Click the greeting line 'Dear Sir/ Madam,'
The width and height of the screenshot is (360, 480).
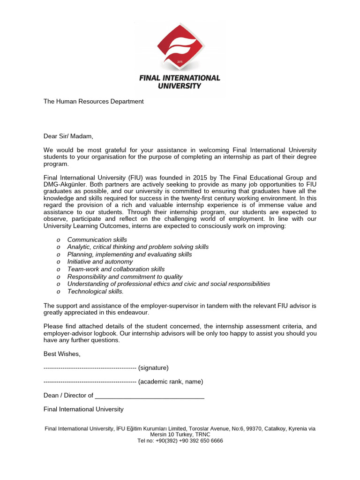(68, 136)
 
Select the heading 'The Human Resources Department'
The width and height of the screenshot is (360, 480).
(93, 101)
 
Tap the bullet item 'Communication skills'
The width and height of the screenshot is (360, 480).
(97, 240)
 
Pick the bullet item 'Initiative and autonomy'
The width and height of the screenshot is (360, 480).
(100, 262)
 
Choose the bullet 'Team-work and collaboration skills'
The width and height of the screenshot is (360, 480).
(116, 269)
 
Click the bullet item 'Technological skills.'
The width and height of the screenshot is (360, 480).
(96, 291)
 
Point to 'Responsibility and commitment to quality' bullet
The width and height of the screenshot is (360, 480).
(125, 277)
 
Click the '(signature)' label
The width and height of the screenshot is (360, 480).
(153, 367)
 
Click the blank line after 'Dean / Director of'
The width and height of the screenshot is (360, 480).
(150, 396)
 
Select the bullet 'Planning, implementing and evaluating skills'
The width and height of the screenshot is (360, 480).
(129, 254)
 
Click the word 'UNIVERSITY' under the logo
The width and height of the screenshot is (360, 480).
(180, 86)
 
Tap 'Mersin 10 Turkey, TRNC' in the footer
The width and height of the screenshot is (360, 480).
(180, 435)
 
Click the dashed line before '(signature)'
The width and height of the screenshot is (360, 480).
(90, 367)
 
